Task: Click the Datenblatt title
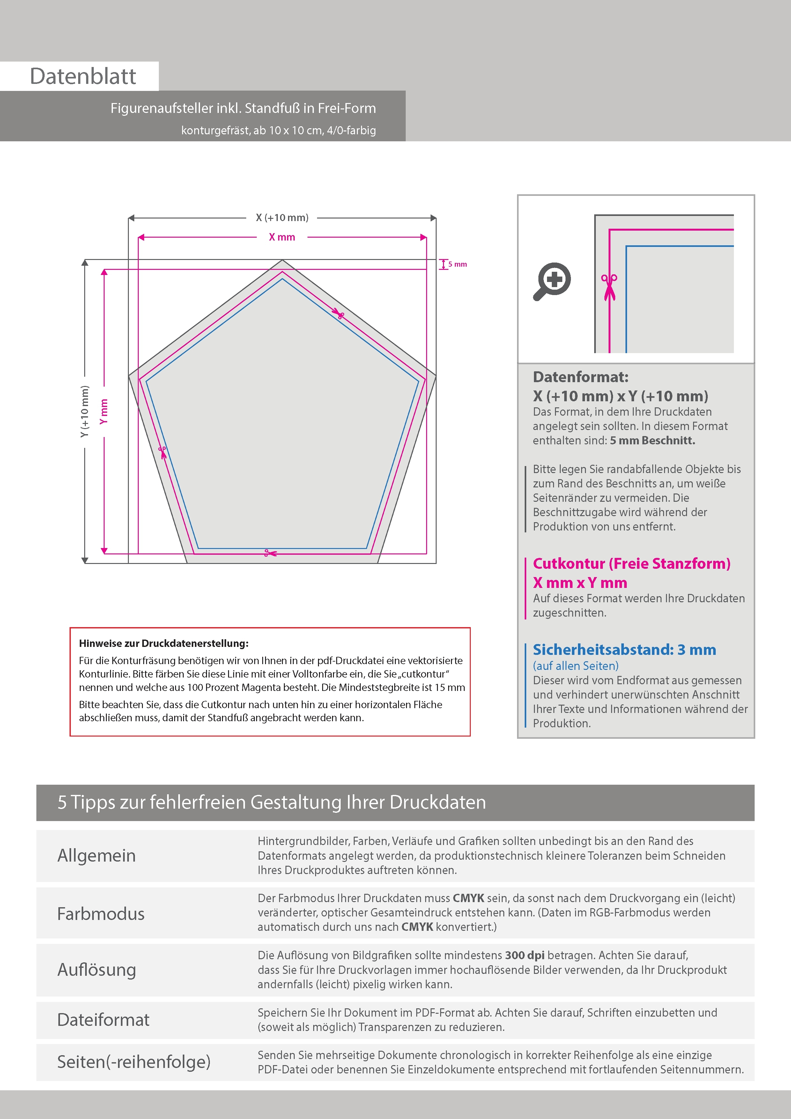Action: pos(83,77)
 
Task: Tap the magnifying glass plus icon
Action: pos(552,281)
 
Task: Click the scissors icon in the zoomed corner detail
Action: pos(609,287)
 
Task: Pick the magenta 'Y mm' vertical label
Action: pos(103,411)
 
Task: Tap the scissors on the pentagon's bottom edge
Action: pos(270,553)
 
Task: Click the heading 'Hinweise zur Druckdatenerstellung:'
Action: pos(164,643)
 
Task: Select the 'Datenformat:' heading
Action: pos(580,377)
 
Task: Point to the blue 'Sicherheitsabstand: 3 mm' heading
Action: pos(624,650)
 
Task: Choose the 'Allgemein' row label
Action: pos(97,855)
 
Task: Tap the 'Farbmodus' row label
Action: pos(101,913)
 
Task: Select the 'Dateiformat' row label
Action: pos(103,1019)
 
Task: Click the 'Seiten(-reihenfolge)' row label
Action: pos(134,1062)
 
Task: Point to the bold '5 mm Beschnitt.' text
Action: pos(652,441)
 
